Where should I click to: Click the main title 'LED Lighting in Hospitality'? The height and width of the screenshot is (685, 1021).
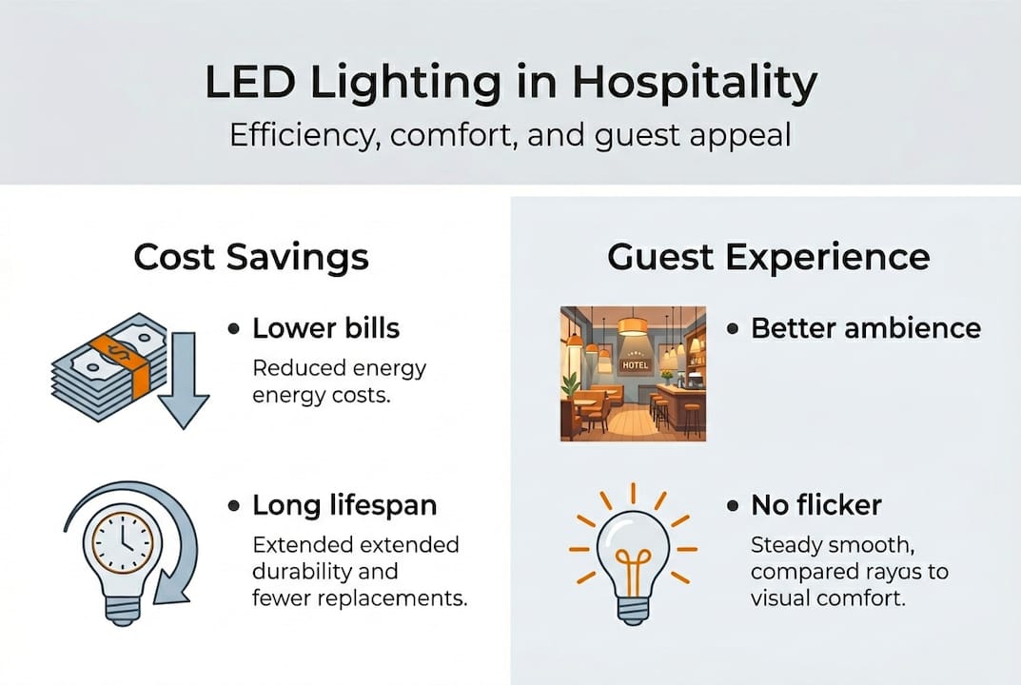tap(510, 84)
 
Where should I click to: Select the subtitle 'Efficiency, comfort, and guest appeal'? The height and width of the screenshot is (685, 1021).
tap(510, 134)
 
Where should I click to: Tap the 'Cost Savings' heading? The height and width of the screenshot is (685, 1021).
tap(251, 257)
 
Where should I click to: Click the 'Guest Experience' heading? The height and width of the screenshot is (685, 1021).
tap(768, 257)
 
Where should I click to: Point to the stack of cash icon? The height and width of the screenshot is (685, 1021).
tap(105, 365)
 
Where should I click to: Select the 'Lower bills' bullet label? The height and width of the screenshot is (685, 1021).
tap(325, 328)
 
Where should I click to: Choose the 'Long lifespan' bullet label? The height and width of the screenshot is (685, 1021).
tap(343, 506)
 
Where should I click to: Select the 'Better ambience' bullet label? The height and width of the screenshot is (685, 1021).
tap(865, 328)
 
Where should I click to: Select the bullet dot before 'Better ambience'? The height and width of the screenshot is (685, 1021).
tap(734, 329)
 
